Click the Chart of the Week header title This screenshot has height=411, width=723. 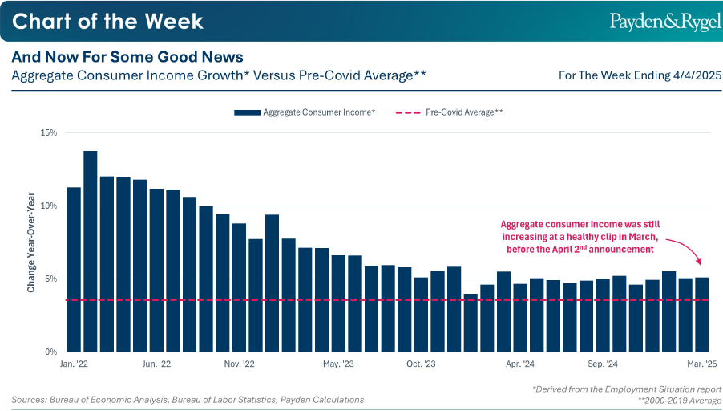[107, 21]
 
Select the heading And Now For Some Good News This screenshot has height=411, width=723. [127, 57]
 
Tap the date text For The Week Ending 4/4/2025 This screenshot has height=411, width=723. [640, 75]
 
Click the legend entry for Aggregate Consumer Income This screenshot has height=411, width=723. [305, 112]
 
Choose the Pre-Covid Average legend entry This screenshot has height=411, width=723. [450, 112]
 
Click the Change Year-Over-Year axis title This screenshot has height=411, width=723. [31, 242]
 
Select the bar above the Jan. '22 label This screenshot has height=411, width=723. [74, 269]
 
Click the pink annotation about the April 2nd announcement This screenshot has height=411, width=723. [580, 237]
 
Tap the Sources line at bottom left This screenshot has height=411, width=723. [188, 399]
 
